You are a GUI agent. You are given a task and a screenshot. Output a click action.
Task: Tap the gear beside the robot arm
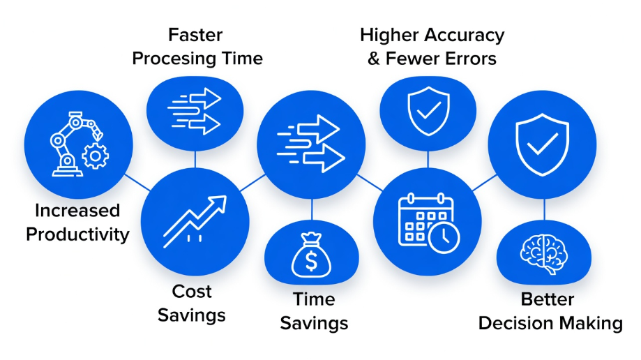(96, 156)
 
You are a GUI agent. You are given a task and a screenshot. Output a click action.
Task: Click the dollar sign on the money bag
(312, 261)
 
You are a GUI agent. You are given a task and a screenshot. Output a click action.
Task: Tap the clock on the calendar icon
(444, 237)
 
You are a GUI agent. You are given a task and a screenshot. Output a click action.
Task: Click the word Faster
(195, 35)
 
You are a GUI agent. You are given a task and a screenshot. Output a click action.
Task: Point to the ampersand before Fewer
(374, 59)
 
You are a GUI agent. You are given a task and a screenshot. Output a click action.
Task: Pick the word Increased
(77, 211)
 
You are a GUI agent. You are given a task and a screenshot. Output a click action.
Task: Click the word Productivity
(77, 235)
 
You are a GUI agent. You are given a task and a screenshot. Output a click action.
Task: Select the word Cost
(192, 292)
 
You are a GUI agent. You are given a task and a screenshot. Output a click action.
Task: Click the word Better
(548, 299)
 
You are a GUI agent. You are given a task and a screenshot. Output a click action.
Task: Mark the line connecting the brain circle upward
(544, 209)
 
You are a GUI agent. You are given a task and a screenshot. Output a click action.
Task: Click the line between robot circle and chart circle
(137, 183)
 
